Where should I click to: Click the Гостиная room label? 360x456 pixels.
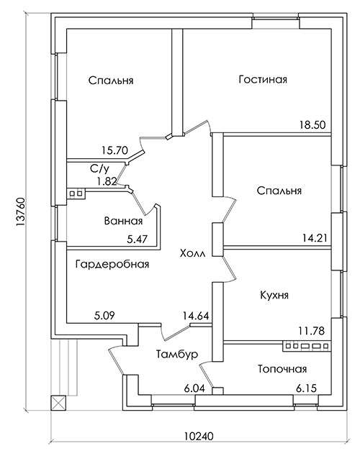coord(263,79)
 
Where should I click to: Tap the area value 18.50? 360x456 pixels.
coord(312,125)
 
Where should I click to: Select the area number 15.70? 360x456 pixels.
coord(115,150)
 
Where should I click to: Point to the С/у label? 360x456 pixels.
coord(99,169)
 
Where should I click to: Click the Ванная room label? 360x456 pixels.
coord(123,221)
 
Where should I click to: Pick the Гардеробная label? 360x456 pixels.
coord(112,264)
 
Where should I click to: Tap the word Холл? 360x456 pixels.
coord(193,253)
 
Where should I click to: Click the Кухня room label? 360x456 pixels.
coord(274,295)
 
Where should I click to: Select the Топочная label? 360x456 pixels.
coord(282,369)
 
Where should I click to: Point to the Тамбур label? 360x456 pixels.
coord(177,354)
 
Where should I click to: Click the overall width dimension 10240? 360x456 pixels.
coord(199,437)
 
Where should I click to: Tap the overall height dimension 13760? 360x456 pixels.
coord(21,212)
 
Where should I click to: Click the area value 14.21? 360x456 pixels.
coord(315,239)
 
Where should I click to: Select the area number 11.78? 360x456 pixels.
coord(312,331)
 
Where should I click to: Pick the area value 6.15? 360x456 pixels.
coord(307,388)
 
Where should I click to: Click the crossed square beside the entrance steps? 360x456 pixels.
coord(58,403)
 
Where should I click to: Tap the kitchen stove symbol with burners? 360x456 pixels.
coord(307,346)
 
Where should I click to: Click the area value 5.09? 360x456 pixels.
coord(104,316)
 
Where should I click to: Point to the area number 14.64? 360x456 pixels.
coord(196,316)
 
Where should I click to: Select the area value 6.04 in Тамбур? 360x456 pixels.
coord(194,388)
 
